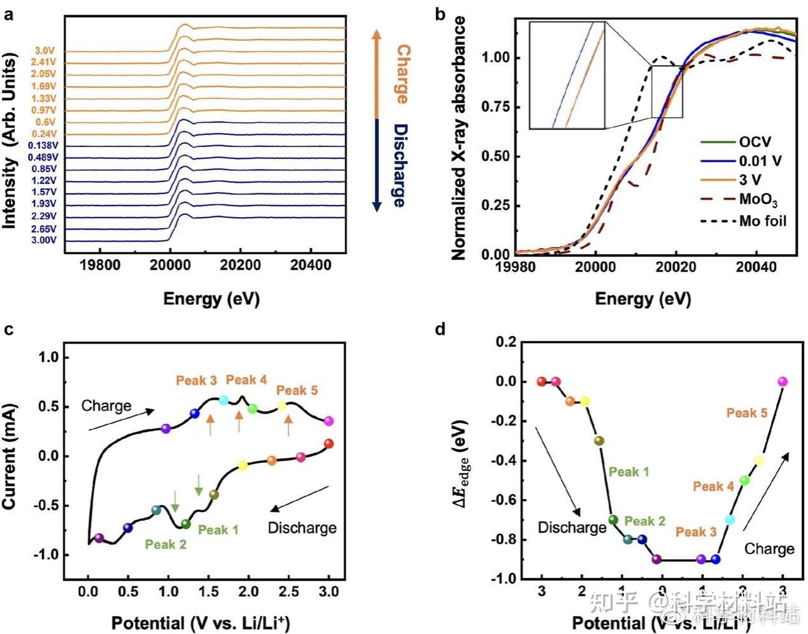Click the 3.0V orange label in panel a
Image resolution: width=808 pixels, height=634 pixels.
click(x=45, y=51)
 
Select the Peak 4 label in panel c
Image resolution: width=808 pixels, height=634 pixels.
click(x=246, y=380)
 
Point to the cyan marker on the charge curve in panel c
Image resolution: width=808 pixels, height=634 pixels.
click(x=223, y=400)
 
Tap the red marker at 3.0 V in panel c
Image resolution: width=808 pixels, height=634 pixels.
click(x=329, y=444)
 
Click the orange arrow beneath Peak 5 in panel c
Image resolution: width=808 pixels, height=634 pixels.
click(x=288, y=425)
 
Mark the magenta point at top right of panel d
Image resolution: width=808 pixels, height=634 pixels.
click(x=783, y=381)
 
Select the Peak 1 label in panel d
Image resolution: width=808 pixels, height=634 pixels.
click(x=628, y=472)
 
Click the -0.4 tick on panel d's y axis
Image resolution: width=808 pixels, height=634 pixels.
click(x=506, y=461)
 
